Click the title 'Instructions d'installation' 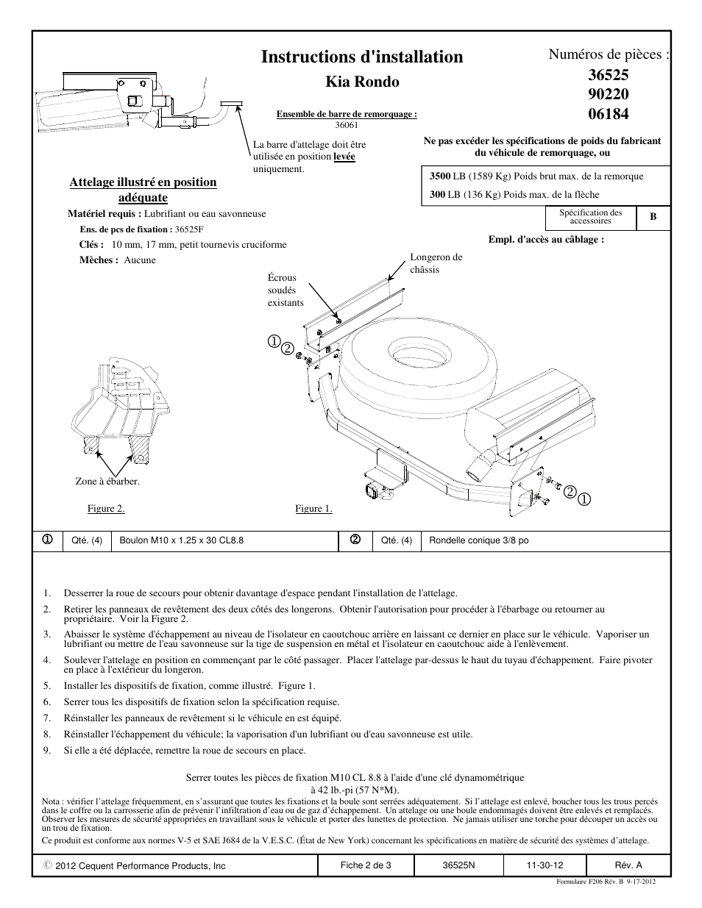pos(361,57)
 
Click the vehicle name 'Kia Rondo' pos(362,82)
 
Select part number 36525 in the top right pos(609,75)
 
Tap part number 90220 pos(609,94)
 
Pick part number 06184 pos(609,113)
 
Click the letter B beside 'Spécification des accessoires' pos(653,218)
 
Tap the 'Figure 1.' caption pos(313,509)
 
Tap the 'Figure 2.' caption pos(106,509)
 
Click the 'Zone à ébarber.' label pos(107,482)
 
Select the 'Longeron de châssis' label pos(436,263)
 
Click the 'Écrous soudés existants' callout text pos(286,290)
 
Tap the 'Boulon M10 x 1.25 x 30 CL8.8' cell pos(181,540)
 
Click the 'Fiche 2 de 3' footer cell pos(366,865)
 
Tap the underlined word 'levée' pos(344,157)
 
